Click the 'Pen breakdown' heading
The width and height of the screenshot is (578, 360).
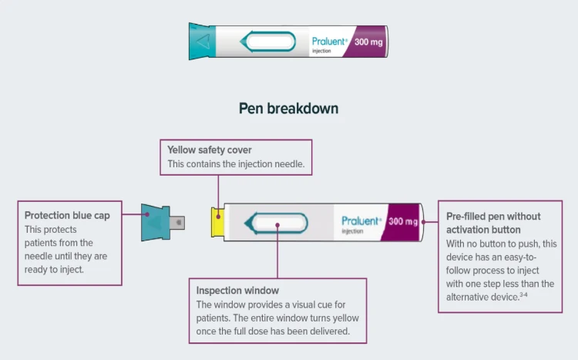[x=288, y=109]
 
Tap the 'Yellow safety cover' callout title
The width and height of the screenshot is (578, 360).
[x=210, y=150]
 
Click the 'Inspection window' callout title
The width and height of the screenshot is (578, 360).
[x=237, y=291]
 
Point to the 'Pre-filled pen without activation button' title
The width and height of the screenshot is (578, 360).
[x=493, y=223]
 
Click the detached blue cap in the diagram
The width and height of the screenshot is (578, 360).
[x=159, y=223]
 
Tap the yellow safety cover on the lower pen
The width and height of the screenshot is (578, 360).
[x=218, y=223]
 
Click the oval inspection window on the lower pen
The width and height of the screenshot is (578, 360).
[x=275, y=223]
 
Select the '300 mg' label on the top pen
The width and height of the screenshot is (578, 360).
[x=368, y=42]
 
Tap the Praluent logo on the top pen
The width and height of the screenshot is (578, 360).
[x=330, y=42]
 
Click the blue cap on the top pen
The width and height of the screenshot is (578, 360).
[x=201, y=41]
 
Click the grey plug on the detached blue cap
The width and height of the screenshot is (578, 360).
[x=180, y=224]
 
